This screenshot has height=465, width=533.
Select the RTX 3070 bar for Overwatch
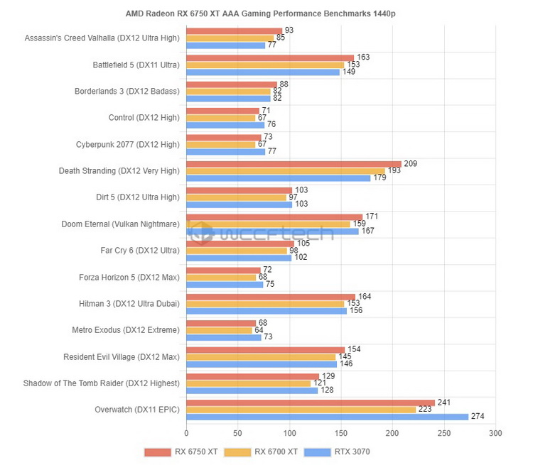[x=327, y=417]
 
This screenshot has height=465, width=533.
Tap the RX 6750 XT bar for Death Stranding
[x=294, y=164]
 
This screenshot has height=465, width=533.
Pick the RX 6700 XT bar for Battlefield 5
[x=265, y=65]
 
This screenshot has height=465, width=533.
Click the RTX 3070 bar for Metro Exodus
[x=224, y=337]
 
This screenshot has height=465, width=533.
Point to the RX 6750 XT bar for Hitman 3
[x=271, y=297]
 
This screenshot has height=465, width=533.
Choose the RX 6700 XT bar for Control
[x=220, y=117]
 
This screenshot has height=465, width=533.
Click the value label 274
[x=478, y=417]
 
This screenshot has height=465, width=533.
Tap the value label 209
[x=410, y=164]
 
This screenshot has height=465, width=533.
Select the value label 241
[x=443, y=403]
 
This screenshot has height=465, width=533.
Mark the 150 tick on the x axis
[x=341, y=433]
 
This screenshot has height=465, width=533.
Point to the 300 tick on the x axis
[x=495, y=433]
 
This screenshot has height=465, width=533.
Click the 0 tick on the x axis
[x=186, y=433]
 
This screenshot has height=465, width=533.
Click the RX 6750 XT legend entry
[x=181, y=452]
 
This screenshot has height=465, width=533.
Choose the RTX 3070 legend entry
[x=337, y=452]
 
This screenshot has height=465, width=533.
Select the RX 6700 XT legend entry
[x=259, y=452]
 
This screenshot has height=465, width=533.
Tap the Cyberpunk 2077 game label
[x=128, y=144]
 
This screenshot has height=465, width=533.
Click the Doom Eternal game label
[x=121, y=224]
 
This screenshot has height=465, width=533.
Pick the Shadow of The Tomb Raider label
[x=102, y=383]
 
